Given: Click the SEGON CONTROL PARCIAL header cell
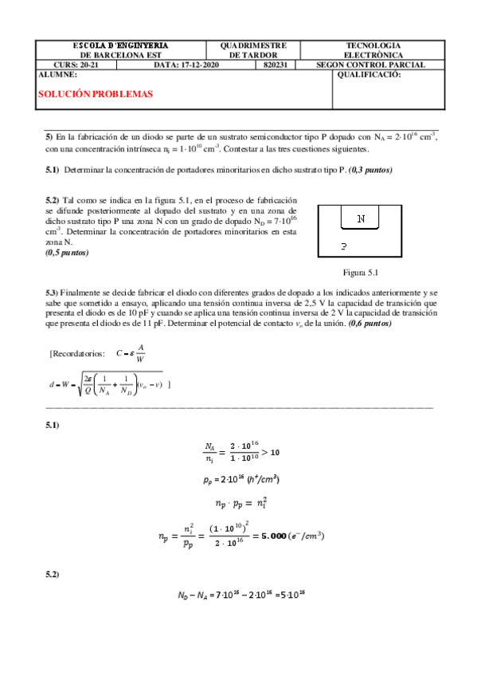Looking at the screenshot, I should tap(371, 65).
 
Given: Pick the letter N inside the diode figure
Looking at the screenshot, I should tap(362, 218).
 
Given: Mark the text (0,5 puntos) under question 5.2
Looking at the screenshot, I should tap(68, 253).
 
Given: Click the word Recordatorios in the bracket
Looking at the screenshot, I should tap(77, 353).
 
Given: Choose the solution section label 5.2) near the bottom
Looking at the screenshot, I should tap(53, 575).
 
